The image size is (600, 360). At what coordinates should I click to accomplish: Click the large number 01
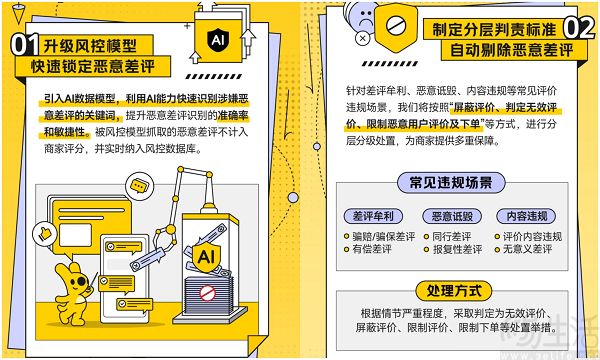pos(25,45)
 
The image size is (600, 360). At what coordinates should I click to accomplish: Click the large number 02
pos(579,28)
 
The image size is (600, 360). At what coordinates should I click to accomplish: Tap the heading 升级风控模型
pos(90,46)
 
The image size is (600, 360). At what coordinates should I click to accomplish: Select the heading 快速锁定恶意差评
pos(93,66)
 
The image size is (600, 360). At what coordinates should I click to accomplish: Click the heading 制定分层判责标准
pos(494,29)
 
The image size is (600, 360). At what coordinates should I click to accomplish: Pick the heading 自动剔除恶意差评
pos(512,50)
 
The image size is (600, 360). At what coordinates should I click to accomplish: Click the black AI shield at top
pos(218,39)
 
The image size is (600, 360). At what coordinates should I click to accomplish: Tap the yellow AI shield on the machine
pos(206,256)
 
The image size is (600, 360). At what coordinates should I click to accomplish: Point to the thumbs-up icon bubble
pos(45,234)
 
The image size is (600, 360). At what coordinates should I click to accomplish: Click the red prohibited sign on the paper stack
pos(207,293)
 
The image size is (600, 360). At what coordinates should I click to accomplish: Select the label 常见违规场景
pos(451,182)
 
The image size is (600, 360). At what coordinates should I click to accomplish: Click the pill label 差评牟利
pos(373,216)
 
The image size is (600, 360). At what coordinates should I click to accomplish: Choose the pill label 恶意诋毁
pos(452,216)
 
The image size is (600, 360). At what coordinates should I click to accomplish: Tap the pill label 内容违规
pos(527,216)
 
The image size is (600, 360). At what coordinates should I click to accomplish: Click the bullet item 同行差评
pos(447,236)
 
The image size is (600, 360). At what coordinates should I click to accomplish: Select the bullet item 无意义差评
pos(523,249)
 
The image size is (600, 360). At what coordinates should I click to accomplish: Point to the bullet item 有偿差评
pos(368,249)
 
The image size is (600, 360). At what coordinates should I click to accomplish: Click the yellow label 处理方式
pos(453,291)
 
